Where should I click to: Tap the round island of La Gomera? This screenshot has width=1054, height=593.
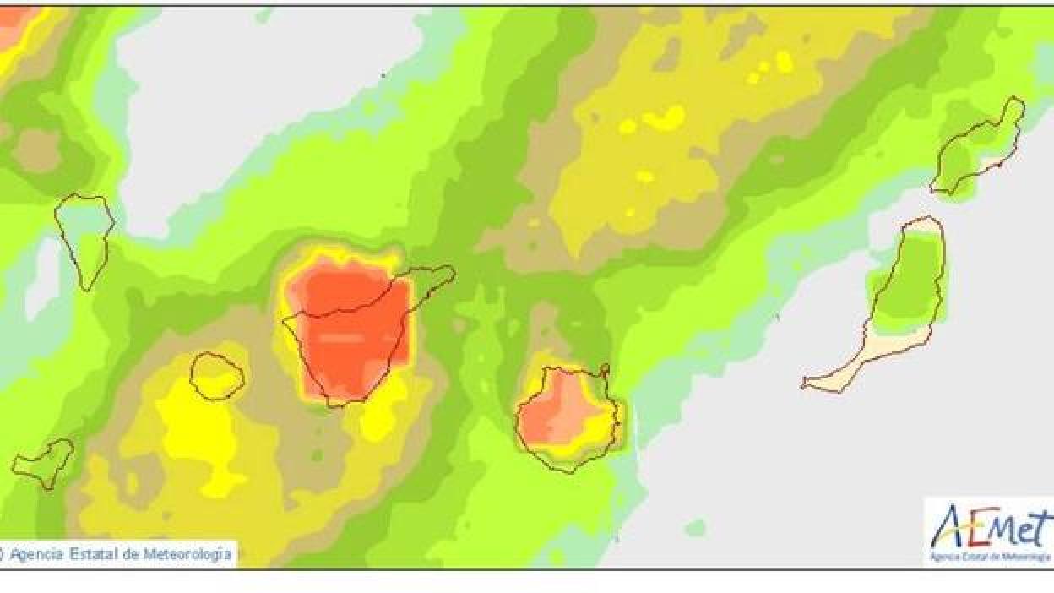pyautogui.click(x=217, y=376)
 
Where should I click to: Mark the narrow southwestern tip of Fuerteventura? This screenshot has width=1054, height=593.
pyautogui.click(x=807, y=385)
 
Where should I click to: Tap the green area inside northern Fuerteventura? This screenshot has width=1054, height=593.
pyautogui.click(x=904, y=279)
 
